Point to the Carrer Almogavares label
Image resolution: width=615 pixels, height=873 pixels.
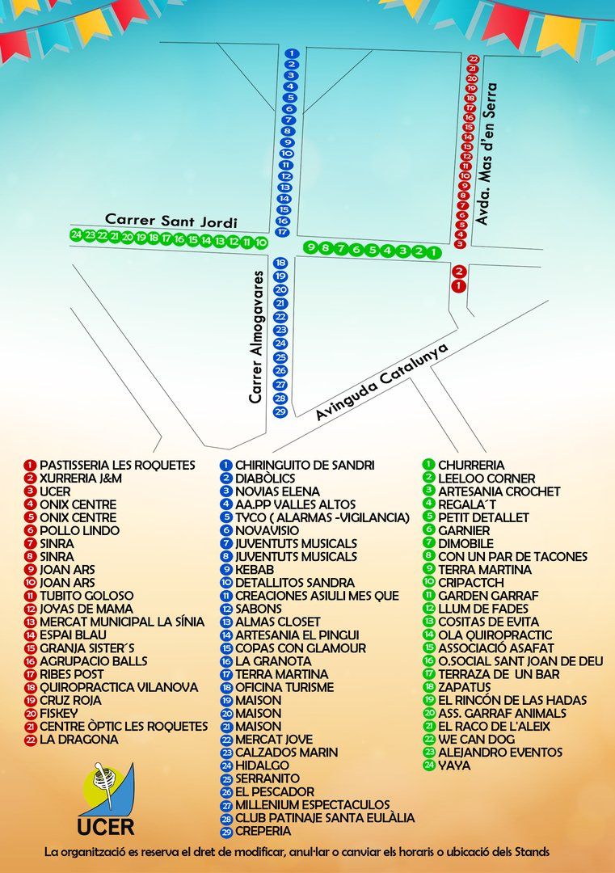257,337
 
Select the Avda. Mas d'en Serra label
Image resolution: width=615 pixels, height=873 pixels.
486,156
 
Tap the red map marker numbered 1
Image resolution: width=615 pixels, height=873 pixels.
458,285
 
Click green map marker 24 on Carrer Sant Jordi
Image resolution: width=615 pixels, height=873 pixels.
76,235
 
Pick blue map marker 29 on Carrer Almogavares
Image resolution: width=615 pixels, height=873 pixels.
280,411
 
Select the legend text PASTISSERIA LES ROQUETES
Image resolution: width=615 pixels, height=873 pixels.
117,466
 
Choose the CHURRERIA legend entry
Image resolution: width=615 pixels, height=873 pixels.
471,466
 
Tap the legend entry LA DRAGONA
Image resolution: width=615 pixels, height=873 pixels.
78,740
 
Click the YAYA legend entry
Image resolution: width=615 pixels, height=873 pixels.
453,765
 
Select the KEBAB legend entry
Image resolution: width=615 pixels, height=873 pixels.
255,570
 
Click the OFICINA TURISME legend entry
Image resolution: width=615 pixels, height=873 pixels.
284,687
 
